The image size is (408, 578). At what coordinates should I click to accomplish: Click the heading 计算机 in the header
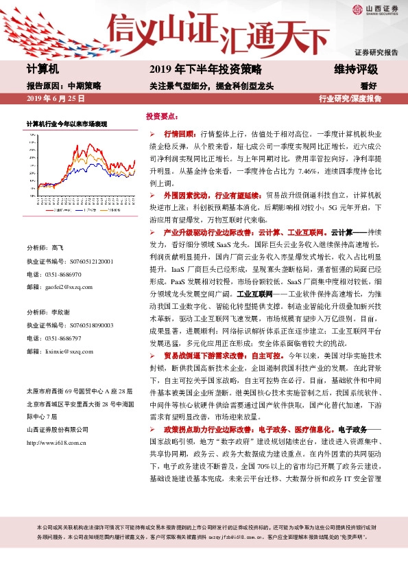43,69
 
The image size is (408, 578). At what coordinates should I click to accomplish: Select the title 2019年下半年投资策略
205,69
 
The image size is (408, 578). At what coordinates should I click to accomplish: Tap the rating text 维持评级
356,69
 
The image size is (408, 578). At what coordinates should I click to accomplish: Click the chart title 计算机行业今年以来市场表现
67,124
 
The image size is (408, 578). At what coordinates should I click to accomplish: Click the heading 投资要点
162,117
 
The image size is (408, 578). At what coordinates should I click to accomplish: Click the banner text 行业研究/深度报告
350,99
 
